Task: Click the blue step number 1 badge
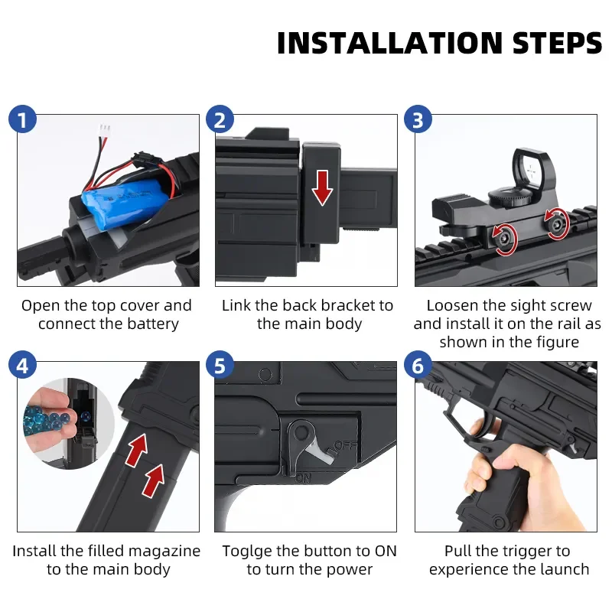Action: (23, 119)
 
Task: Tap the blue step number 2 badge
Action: (220, 119)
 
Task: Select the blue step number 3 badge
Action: (418, 119)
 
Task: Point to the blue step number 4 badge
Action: (23, 366)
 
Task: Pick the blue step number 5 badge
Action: (220, 366)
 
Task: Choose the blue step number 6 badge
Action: (418, 366)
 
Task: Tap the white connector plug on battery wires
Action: (105, 130)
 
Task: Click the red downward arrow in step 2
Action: (322, 187)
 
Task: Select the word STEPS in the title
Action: (558, 43)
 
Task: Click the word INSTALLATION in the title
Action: (389, 43)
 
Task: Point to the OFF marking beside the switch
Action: (346, 445)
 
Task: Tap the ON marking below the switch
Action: (303, 477)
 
